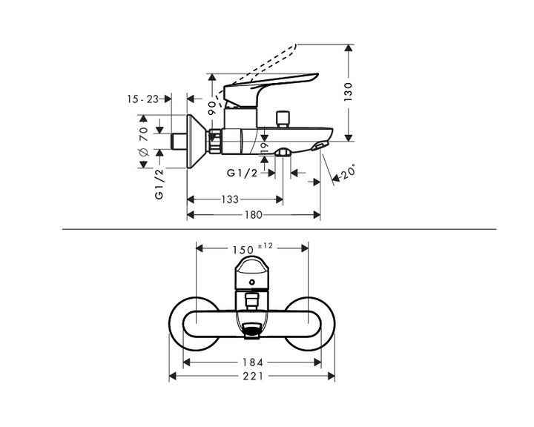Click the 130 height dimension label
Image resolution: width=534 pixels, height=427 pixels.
point(348,92)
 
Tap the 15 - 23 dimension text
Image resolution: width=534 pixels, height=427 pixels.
point(143,99)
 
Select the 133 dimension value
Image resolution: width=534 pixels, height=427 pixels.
point(230,199)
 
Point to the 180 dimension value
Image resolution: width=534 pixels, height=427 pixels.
point(254,215)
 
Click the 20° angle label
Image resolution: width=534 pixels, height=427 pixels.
point(349,172)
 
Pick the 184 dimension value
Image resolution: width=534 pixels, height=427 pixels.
point(253,363)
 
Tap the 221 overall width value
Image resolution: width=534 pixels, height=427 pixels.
point(253,376)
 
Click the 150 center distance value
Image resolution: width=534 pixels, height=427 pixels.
point(243,251)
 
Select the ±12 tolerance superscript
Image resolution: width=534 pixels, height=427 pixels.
point(266,245)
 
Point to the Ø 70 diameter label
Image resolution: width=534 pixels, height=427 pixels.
point(144,141)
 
